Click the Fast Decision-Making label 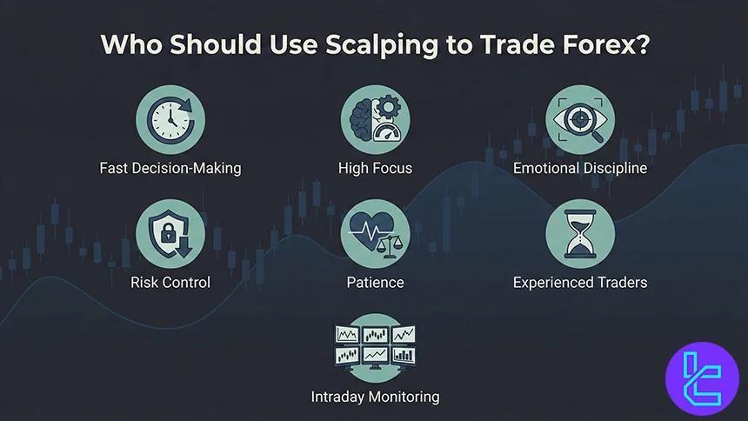(x=170, y=168)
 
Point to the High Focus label (x=375, y=168)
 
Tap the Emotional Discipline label (x=579, y=168)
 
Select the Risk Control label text (x=170, y=283)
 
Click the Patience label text (x=375, y=283)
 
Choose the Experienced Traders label (x=579, y=283)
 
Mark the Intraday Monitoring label (x=375, y=398)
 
